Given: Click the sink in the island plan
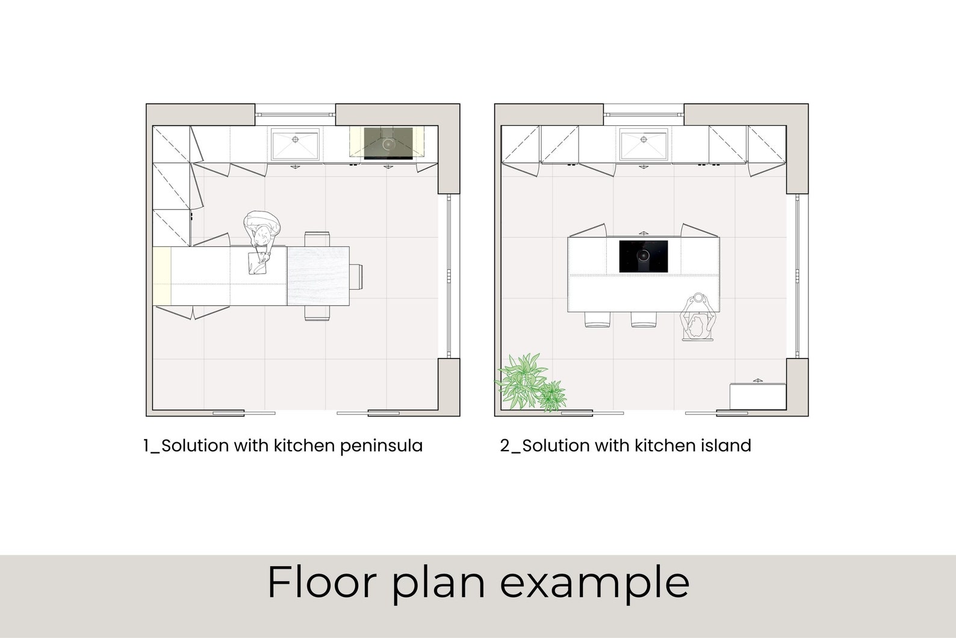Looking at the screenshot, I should point(643,145).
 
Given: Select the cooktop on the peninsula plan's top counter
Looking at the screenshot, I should point(387,143).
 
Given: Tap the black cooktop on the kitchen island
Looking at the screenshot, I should point(644,256).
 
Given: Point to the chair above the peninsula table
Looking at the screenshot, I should point(317,239).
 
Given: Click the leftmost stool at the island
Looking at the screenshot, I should point(597,320).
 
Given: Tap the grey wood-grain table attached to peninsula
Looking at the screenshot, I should point(318,276).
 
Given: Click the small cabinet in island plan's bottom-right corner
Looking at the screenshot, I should point(757,395).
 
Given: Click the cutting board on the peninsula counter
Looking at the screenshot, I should point(259,262).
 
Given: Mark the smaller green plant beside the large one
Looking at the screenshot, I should point(552,396).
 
